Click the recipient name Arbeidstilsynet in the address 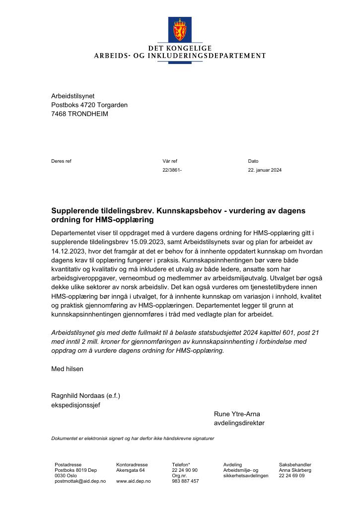(x=72, y=96)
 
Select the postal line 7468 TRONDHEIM (x=79, y=114)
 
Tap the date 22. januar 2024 (x=265, y=170)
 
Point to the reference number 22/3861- (x=172, y=170)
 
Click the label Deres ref (x=61, y=161)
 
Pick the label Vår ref (x=169, y=161)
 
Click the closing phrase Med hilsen (x=67, y=369)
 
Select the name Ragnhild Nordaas (x=77, y=395)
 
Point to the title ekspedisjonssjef (x=75, y=405)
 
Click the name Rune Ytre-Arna (x=237, y=414)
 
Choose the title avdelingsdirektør (x=239, y=423)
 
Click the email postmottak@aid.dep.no (x=80, y=481)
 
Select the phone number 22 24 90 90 (x=185, y=470)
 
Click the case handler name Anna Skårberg (x=295, y=470)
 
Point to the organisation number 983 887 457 (x=185, y=481)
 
